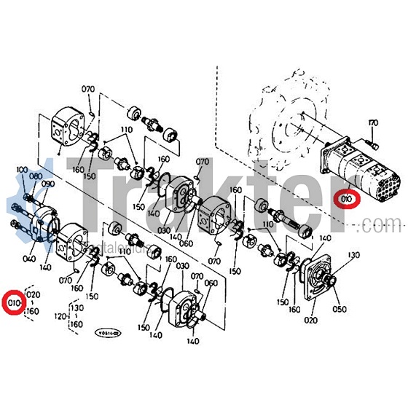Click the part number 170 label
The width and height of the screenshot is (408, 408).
[x=373, y=123]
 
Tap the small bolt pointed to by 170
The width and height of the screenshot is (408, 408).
[x=373, y=145]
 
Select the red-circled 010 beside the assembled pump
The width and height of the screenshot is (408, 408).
[x=346, y=198]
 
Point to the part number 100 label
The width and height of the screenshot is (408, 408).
[x=21, y=170]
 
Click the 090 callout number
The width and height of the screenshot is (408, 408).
[x=49, y=185]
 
